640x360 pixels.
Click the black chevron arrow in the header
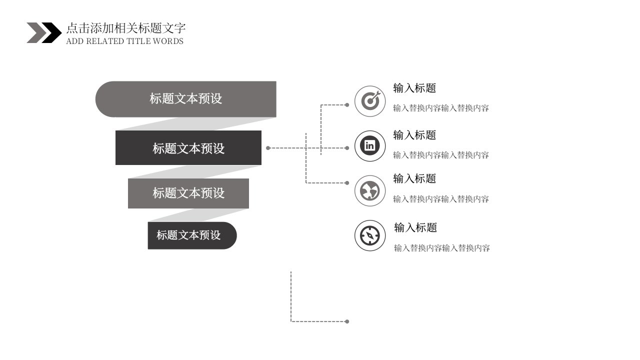point(52,33)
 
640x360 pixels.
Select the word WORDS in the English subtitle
point(168,41)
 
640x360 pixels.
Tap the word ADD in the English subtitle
point(75,41)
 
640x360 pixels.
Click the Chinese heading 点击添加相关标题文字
point(126,28)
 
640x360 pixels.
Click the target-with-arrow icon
point(370,101)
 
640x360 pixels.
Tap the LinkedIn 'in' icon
point(370,146)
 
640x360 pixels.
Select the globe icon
point(370,190)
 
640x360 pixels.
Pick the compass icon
point(370,235)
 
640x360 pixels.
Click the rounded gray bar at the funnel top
point(185,99)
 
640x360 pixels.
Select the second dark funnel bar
point(188,147)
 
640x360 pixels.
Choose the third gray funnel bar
point(188,193)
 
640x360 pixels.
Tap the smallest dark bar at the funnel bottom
point(192,235)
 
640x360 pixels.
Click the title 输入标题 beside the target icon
point(414,88)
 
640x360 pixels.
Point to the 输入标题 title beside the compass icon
point(415,227)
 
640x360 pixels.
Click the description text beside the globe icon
point(441,199)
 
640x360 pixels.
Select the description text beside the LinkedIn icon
point(441,155)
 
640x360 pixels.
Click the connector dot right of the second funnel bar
point(268,148)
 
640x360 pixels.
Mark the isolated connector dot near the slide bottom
point(347,321)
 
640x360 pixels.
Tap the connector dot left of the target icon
point(347,105)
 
